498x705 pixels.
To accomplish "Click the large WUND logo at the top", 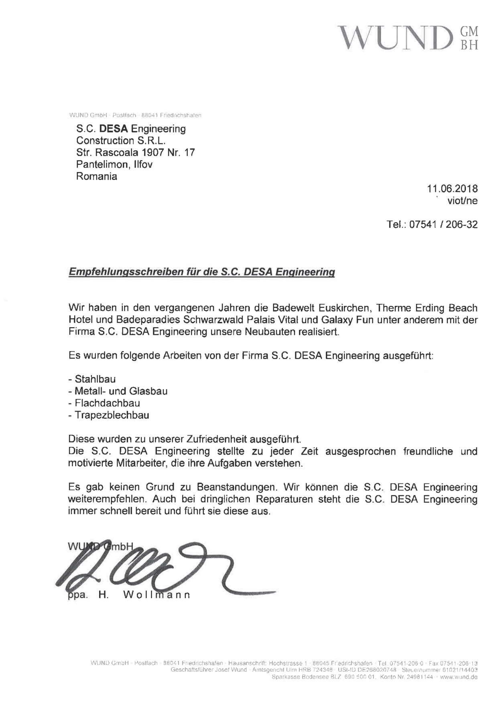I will (407, 38).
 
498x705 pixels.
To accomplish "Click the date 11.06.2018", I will (452, 189).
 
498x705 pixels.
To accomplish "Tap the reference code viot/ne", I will (462, 201).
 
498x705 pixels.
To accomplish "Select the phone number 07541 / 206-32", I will (443, 224).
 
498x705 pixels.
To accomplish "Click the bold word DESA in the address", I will (113, 129).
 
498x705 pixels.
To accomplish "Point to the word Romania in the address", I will (97, 176).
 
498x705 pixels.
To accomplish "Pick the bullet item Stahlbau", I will (95, 379).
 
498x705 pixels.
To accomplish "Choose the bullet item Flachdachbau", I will (107, 403).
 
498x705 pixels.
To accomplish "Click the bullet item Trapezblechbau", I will (112, 415).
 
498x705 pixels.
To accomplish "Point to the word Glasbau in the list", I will (148, 391).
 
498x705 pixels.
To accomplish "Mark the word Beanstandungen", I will (237, 487).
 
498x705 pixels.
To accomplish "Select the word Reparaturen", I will (285, 499).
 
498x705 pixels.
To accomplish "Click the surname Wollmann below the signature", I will (157, 595).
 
